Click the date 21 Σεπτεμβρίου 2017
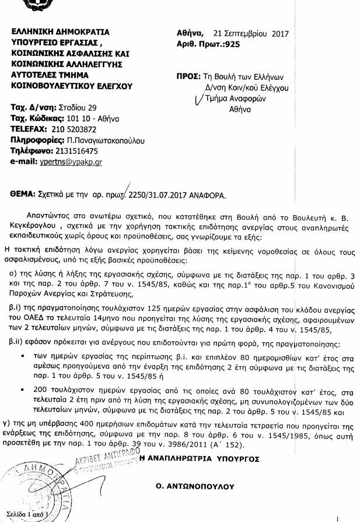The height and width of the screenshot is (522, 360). point(251,33)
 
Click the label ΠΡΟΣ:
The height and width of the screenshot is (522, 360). point(188,76)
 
